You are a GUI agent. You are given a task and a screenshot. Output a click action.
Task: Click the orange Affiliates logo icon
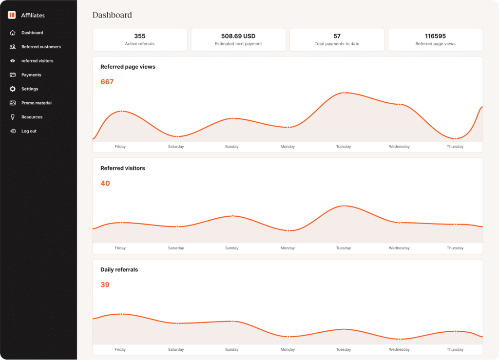pos(12,15)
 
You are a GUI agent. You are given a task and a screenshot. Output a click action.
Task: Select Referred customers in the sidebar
pos(41,47)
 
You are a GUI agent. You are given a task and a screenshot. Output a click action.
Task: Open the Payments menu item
pos(31,75)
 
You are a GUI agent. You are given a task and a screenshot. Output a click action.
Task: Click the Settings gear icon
pos(13,89)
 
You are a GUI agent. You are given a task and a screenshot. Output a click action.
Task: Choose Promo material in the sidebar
pos(36,103)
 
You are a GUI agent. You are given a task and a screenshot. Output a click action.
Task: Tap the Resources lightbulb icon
pos(13,117)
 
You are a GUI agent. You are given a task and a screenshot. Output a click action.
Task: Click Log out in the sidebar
pos(29,131)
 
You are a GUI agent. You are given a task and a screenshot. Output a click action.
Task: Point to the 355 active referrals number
pos(140,36)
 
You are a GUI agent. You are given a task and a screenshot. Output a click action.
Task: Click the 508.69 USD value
pos(238,36)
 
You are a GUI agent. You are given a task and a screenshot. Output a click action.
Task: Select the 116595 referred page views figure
pos(435,36)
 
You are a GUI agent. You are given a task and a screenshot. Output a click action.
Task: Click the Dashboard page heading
pos(112,15)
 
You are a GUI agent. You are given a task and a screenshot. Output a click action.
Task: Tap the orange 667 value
pos(107,82)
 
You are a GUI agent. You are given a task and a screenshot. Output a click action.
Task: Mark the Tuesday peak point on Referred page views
pos(344,93)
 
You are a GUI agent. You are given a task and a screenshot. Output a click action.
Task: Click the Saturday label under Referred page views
pos(176,147)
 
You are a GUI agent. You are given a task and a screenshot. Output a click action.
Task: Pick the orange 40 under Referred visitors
pos(105,183)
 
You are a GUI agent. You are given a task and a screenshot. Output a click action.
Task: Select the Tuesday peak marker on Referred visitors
pos(344,206)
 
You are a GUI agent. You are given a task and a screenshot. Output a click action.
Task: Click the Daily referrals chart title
pos(119,269)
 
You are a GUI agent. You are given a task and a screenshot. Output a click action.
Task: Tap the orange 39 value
pos(105,285)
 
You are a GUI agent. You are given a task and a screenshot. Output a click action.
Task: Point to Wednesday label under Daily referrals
pos(399,349)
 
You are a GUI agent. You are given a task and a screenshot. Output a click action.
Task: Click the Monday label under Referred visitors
pos(288,248)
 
